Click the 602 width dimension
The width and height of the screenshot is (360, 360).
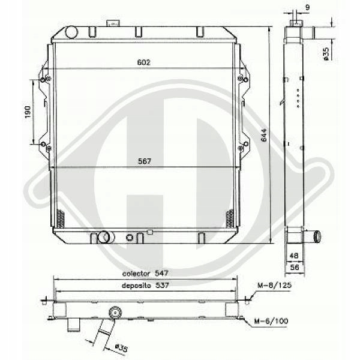143,62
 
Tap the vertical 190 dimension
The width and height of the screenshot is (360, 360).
27,112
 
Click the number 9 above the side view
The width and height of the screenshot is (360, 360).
308,7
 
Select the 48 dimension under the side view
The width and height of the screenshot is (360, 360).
293,255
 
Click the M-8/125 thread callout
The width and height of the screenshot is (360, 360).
275,286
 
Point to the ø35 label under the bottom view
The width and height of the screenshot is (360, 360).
120,346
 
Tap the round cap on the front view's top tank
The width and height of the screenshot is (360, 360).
71,32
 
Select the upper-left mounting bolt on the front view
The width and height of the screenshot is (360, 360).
43,79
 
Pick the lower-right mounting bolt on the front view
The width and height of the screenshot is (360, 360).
241,145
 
